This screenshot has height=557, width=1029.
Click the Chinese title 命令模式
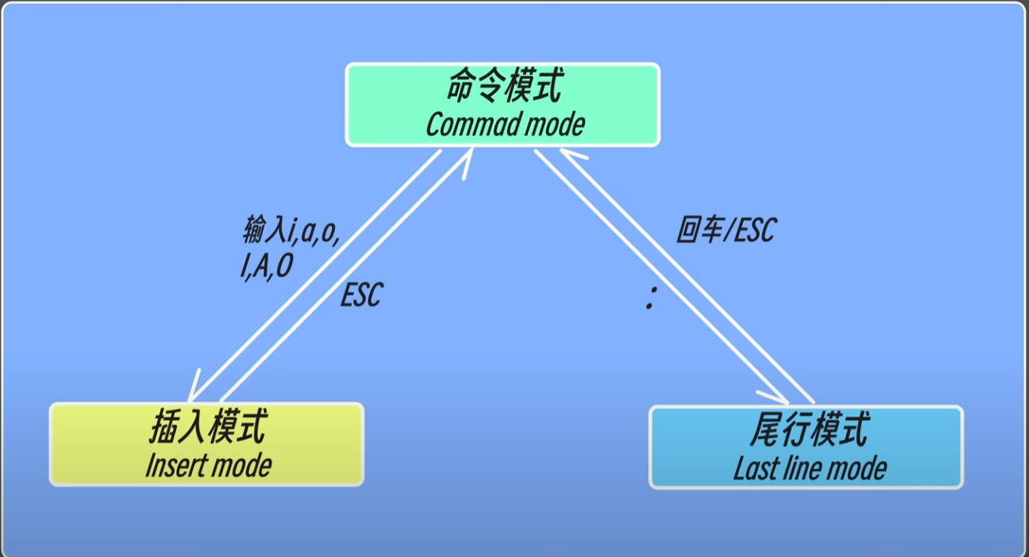point(504,85)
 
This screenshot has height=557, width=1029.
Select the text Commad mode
point(505,124)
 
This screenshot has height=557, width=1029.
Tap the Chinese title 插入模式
point(208,427)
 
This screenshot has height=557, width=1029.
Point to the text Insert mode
point(209,466)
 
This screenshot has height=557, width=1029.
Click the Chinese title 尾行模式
point(810,429)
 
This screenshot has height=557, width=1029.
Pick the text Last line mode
point(810,468)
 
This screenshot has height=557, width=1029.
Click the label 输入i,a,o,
point(291,230)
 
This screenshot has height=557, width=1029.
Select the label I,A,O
point(266,266)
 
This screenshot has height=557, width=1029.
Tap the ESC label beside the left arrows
point(361,295)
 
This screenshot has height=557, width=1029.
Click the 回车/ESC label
point(726,230)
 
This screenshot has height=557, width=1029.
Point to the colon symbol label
point(651,298)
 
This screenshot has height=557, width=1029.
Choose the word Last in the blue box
point(755,468)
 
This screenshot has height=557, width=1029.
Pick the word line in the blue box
point(801,468)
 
